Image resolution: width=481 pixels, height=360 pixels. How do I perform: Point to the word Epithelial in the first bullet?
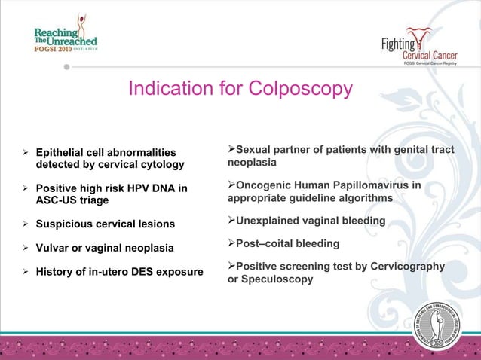tap(63, 152)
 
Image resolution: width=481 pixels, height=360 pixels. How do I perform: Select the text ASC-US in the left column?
tap(58, 200)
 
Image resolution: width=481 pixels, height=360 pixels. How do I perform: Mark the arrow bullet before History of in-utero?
tap(26, 271)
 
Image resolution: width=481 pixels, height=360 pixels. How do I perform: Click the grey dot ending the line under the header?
tap(66, 66)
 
